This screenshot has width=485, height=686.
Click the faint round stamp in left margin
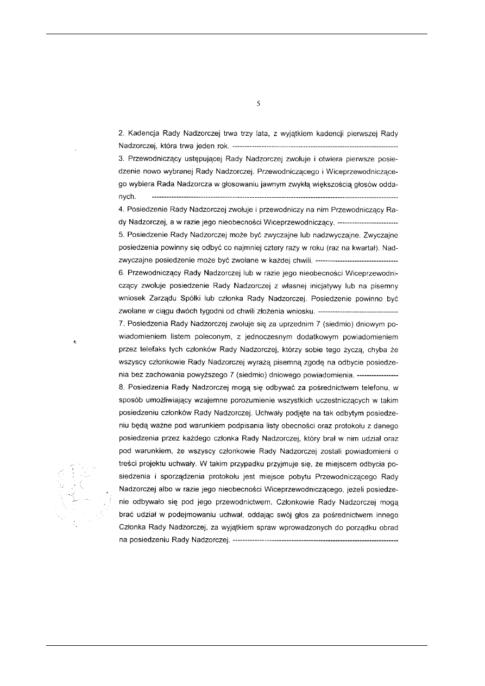[x=81, y=492]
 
